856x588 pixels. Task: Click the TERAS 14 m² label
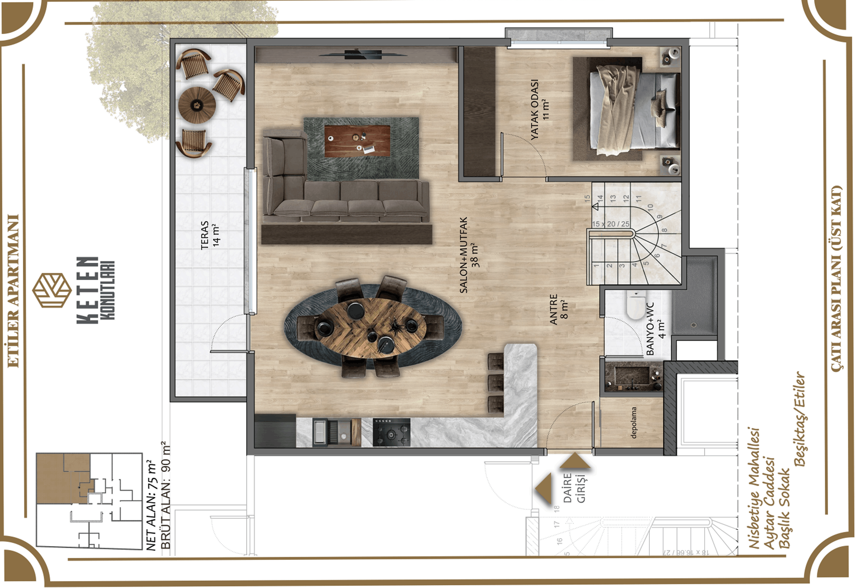tap(210, 235)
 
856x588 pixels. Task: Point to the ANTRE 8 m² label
tap(559, 309)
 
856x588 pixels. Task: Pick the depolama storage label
tap(634, 422)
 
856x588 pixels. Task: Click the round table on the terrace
tap(197, 105)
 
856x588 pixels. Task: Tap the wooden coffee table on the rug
tap(357, 140)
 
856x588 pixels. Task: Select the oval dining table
tap(370, 328)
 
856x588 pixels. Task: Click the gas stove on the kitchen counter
tap(391, 432)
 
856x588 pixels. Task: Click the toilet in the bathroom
tap(636, 304)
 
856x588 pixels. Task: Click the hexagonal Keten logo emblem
tap(52, 290)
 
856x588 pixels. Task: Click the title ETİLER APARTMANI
tap(13, 291)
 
